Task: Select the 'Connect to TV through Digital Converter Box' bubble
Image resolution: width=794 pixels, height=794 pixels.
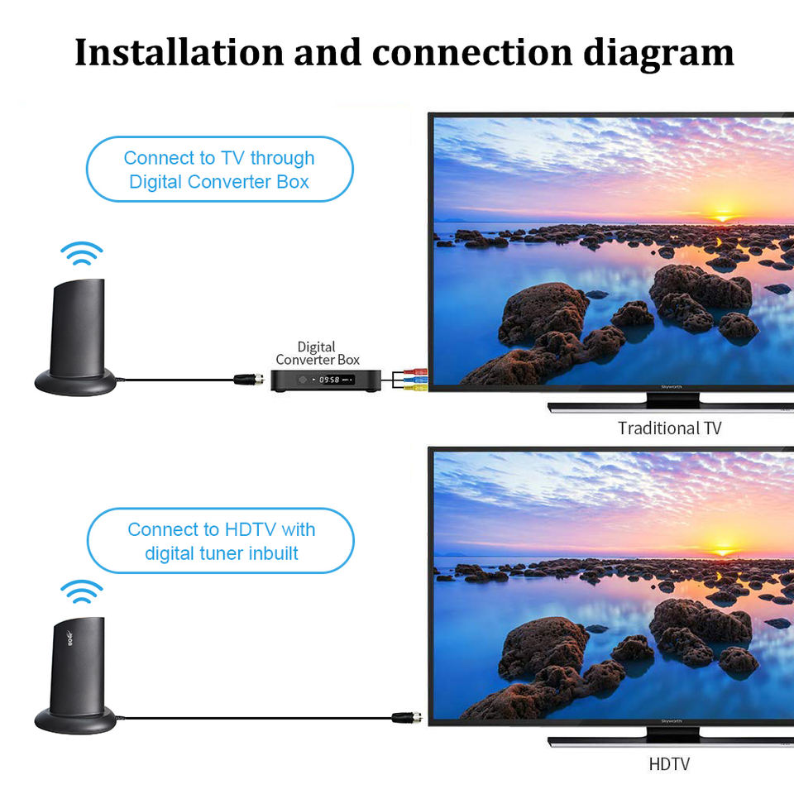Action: pos(219,170)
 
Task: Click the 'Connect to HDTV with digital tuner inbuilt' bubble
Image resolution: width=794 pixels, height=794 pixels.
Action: pos(220,541)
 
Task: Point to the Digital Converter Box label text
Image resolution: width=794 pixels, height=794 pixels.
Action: pos(317,353)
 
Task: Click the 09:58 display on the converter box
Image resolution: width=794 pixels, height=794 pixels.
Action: pos(330,380)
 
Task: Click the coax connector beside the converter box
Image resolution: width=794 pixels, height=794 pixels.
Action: pos(246,380)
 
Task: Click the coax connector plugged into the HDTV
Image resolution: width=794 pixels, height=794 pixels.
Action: pos(408,717)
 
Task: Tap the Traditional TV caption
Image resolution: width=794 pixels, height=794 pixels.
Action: pos(669,428)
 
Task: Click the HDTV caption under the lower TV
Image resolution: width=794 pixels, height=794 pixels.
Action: pos(669,764)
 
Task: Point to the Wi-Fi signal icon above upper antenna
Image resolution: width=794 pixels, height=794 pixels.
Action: pos(82,253)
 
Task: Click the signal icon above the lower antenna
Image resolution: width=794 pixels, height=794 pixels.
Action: pos(82,591)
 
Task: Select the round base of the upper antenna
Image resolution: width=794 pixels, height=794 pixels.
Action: pos(76,382)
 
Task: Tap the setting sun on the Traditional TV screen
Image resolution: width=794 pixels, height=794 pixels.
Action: pos(724,216)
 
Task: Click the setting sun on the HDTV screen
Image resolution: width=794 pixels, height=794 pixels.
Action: pos(724,549)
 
